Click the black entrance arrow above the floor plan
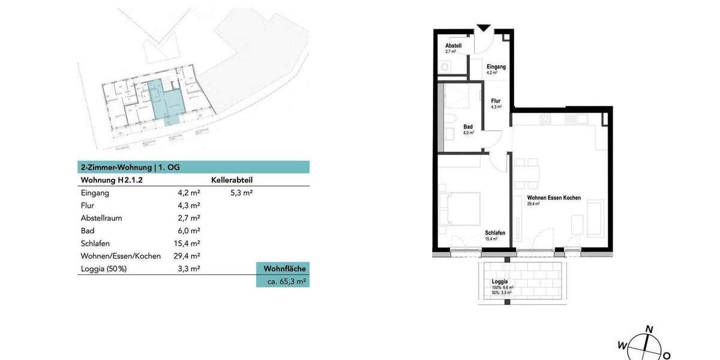pyautogui.click(x=484, y=28)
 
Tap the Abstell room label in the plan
pyautogui.click(x=453, y=46)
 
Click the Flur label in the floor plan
pyautogui.click(x=496, y=101)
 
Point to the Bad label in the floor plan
pyautogui.click(x=468, y=127)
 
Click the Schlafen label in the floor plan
pyautogui.click(x=495, y=233)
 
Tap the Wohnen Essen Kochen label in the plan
pyautogui.click(x=554, y=197)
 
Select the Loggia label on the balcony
pyautogui.click(x=500, y=281)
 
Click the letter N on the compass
pyautogui.click(x=649, y=329)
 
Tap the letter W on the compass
pyautogui.click(x=622, y=345)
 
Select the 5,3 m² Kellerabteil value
pyautogui.click(x=241, y=193)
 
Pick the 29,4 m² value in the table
pyautogui.click(x=185, y=256)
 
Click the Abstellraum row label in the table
pyautogui.click(x=101, y=218)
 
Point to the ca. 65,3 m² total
pyautogui.click(x=286, y=281)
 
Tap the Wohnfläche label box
pyautogui.click(x=284, y=268)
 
